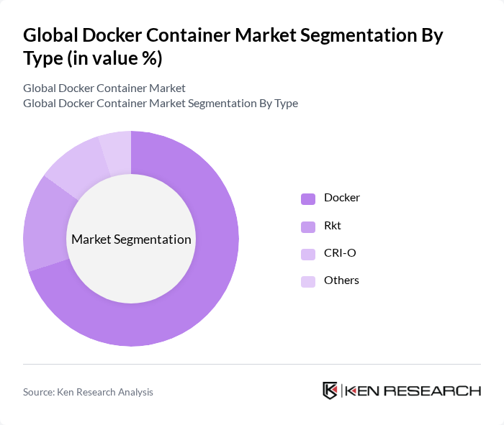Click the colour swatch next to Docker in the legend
[308, 198]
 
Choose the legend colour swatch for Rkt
[308, 227]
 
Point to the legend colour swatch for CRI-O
[308, 254]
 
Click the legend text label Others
[341, 280]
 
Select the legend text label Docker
[342, 198]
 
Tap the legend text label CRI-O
[340, 253]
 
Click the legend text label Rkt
[333, 226]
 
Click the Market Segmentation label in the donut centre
[131, 239]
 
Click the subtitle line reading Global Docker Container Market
[104, 88]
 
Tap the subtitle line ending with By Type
[161, 104]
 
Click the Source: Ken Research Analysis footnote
[88, 392]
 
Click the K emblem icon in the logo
[330, 390]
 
